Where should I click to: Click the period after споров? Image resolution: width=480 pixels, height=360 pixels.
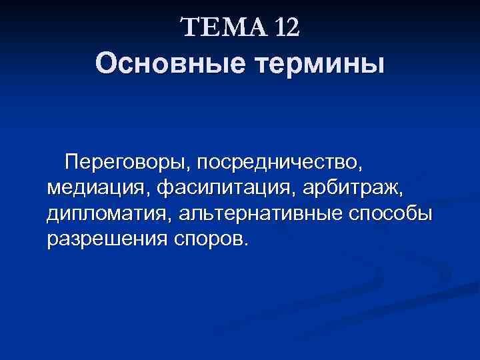[x=245, y=245]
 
